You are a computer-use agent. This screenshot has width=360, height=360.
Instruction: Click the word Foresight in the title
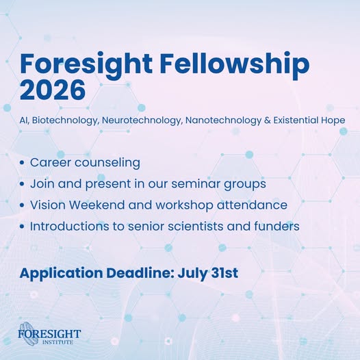point(86,64)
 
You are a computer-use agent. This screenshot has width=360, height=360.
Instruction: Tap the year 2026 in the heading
point(53,90)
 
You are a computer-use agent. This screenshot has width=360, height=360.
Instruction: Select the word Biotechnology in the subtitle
point(65,120)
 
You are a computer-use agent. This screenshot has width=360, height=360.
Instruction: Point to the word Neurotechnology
point(142,120)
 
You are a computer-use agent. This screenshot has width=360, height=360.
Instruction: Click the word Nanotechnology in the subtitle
point(223,120)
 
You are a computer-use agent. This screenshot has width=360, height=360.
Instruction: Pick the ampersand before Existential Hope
point(267,120)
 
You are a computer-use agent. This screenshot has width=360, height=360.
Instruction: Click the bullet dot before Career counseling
point(22,163)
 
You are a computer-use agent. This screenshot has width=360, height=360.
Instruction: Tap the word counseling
point(107,163)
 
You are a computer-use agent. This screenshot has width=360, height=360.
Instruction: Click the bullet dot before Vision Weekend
point(22,205)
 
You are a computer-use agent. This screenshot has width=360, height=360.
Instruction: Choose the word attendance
point(252,205)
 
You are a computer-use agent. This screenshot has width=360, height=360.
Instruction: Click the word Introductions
point(70,226)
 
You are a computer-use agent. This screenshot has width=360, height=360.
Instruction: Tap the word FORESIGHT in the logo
point(49,333)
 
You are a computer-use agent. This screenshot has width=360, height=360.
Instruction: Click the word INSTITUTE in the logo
point(58,342)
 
